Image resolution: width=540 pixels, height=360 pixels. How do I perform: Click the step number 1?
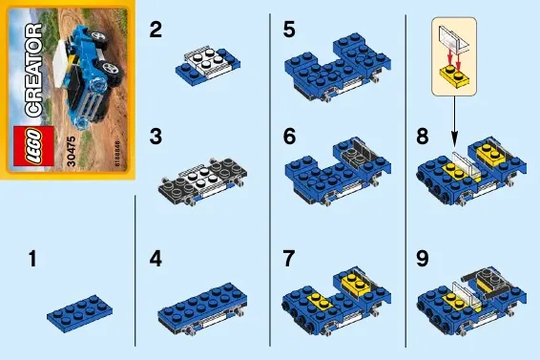[x=34, y=259]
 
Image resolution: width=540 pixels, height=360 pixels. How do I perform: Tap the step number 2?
[x=156, y=31]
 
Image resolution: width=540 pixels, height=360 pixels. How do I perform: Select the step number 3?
[x=156, y=137]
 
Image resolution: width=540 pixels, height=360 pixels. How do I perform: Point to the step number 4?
[x=156, y=259]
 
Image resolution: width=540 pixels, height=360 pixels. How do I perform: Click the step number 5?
[x=289, y=31]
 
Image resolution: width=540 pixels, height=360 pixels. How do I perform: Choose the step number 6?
[x=289, y=137]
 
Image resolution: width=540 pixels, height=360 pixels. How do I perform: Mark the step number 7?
[x=289, y=259]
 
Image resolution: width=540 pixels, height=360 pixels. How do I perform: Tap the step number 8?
[x=424, y=137]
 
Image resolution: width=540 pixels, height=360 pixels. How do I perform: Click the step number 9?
[x=424, y=259]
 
